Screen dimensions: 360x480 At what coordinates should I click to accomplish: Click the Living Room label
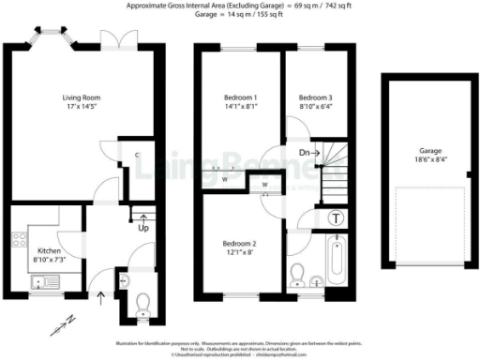coord(56,97)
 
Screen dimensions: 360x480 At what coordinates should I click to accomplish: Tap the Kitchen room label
coord(49,251)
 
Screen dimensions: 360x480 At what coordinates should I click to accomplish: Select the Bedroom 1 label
coord(240,97)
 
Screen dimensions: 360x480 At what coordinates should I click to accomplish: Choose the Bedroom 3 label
coord(315,97)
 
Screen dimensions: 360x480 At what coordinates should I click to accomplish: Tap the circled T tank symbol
coord(338,217)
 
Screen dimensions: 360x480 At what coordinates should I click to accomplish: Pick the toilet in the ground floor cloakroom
coord(142,302)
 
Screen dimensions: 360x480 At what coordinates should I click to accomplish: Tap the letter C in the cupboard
coord(137,155)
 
